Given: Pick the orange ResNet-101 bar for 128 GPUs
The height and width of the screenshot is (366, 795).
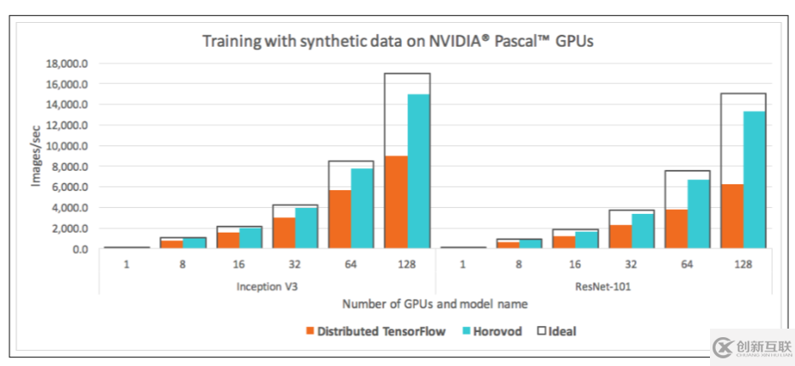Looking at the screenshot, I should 731,217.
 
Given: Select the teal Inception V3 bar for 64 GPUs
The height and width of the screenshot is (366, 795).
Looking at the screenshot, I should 361,209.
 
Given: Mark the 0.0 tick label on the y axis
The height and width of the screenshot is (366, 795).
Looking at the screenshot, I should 82,249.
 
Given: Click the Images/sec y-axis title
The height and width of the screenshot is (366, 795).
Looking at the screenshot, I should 37,155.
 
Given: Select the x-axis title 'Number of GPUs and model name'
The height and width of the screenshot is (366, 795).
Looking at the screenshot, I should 434,304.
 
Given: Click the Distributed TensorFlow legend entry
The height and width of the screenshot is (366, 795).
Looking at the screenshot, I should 375,331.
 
